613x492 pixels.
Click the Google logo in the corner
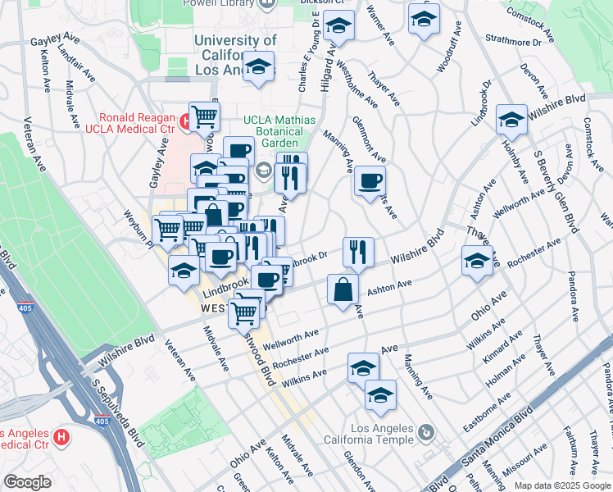click(x=27, y=482)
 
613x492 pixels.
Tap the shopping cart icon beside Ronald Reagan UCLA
click(x=204, y=116)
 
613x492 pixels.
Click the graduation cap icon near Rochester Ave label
click(x=476, y=262)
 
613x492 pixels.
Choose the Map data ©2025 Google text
click(x=561, y=485)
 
